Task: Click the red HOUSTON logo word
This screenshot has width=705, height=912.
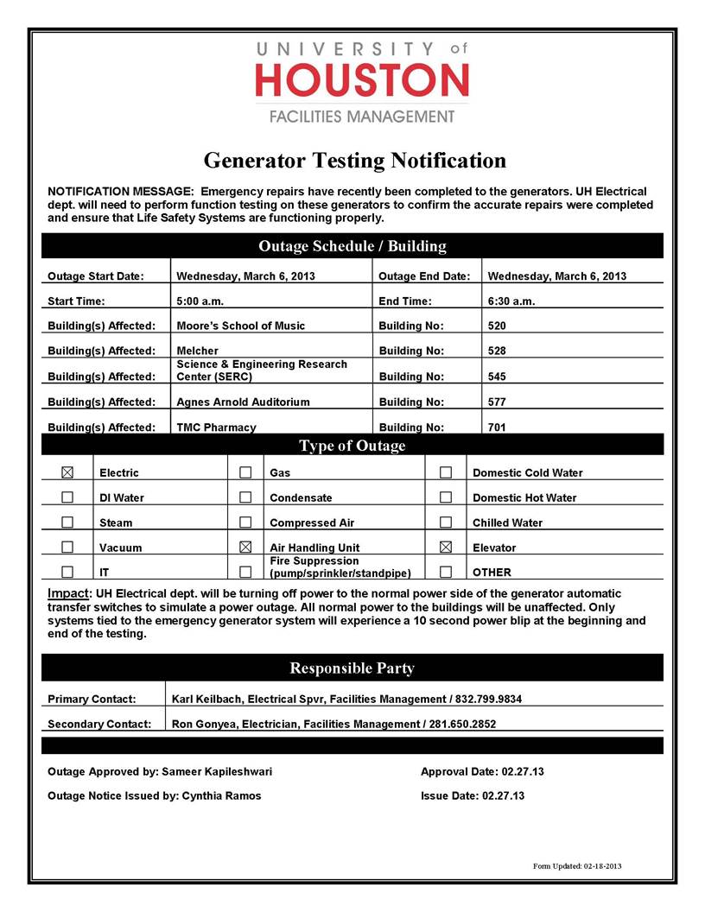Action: tap(362, 80)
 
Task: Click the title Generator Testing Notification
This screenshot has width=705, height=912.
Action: tap(354, 160)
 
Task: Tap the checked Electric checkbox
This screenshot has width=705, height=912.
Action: tap(68, 472)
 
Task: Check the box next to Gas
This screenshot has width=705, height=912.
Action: tap(245, 472)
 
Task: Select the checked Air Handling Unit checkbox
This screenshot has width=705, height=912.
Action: tap(245, 548)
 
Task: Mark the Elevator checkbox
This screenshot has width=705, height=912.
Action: tap(446, 548)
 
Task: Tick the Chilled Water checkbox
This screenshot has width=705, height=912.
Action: tap(446, 522)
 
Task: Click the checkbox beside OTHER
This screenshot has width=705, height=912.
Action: tap(446, 572)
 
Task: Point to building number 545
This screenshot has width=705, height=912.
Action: tap(497, 377)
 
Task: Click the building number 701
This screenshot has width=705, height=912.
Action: tap(497, 427)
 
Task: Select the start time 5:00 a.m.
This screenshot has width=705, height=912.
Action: tap(200, 301)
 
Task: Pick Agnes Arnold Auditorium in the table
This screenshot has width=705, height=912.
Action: tap(243, 402)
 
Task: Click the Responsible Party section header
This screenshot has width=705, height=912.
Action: tap(352, 668)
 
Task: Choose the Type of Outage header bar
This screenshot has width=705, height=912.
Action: tap(352, 446)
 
